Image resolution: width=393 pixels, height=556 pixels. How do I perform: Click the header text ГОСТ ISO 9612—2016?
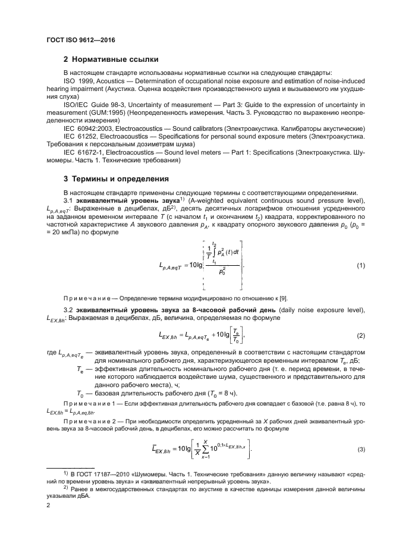(80, 40)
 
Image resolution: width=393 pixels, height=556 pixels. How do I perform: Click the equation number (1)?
(361, 249)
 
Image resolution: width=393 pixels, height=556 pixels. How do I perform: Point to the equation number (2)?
(361, 336)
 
